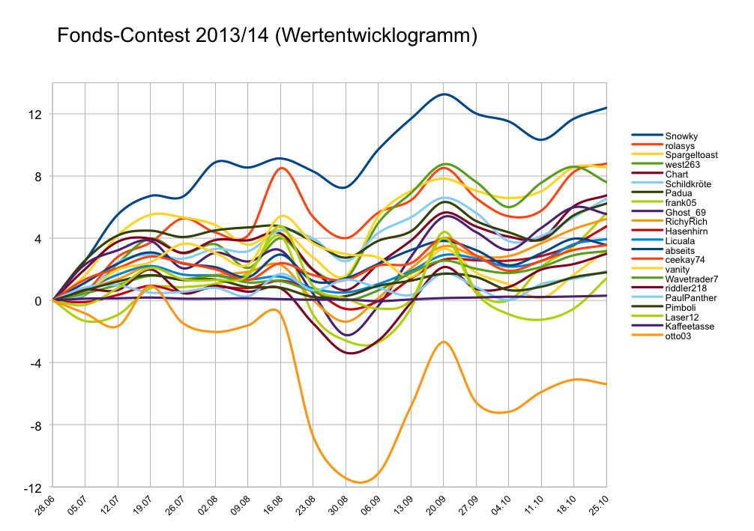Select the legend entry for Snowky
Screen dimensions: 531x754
[681, 136]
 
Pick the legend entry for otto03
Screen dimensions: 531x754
[679, 336]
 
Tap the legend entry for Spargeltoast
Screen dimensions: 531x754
[691, 155]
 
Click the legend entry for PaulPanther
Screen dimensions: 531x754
[690, 298]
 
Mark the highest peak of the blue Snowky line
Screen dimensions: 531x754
[444, 94]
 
